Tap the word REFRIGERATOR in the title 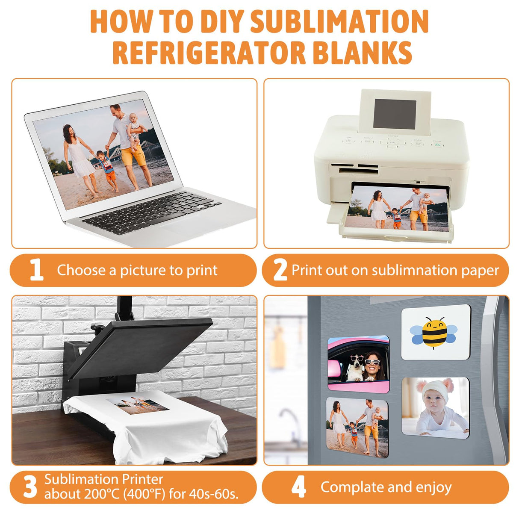point(209,53)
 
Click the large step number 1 point(36,270)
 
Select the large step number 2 point(280,270)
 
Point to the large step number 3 point(30,487)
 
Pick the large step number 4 point(298,487)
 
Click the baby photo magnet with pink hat point(435,407)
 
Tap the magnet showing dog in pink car point(358,363)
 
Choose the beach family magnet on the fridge point(357,427)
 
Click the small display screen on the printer point(394,114)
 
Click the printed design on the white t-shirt point(138,406)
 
